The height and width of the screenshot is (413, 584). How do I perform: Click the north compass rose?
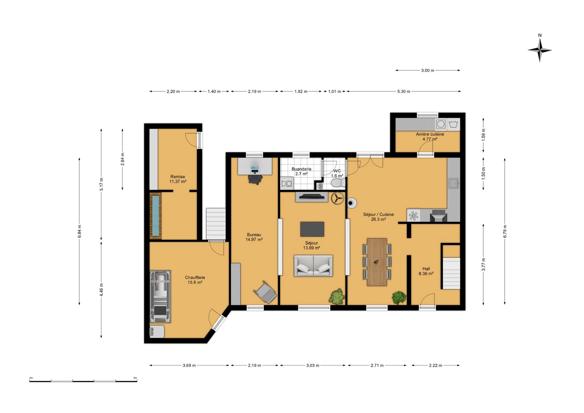point(540,49)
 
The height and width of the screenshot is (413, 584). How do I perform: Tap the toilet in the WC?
point(338,183)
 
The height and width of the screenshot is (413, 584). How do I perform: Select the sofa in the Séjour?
point(313,266)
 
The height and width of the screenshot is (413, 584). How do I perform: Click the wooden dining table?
point(377,262)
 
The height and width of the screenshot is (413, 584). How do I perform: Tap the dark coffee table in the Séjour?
point(312,229)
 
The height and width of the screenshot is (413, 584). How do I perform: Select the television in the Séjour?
point(311,197)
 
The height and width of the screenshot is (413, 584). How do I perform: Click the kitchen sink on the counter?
point(453,183)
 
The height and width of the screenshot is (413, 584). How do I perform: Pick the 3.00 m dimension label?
point(428,71)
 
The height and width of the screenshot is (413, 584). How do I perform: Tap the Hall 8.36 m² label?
point(426,271)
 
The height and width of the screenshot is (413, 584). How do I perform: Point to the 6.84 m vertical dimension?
point(79,231)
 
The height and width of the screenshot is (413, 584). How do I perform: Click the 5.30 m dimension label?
point(403,91)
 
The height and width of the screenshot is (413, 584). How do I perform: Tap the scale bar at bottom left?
point(83,381)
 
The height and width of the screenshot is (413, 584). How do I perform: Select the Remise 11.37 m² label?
point(178,179)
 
